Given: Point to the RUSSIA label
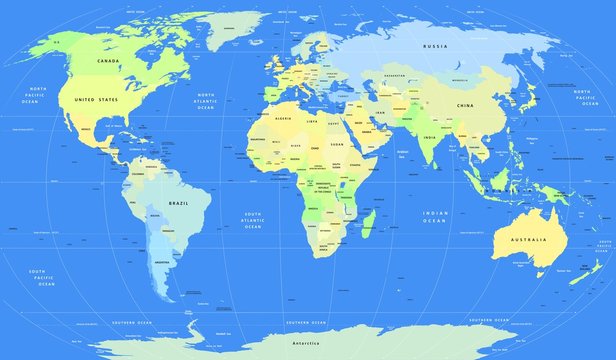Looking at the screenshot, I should [433, 47].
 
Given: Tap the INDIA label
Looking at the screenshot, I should [426, 138].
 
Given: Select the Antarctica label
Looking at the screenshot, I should [306, 343].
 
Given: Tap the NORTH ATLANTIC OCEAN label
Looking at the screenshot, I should [206, 102].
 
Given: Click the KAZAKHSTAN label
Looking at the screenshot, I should [394, 76].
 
